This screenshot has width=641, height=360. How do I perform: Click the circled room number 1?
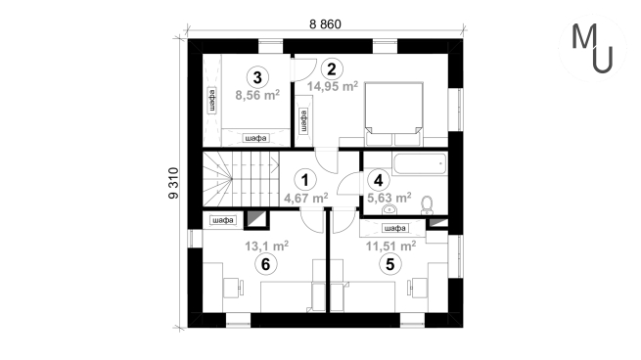(x=305, y=180)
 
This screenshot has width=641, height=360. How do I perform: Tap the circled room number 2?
(x=332, y=69)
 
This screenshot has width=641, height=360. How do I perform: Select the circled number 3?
(x=257, y=77)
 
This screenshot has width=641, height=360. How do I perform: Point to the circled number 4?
(x=378, y=180)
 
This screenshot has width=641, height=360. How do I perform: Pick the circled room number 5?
(x=390, y=264)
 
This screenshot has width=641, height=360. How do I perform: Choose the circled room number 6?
(x=266, y=264)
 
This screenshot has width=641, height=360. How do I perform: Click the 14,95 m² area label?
(x=333, y=86)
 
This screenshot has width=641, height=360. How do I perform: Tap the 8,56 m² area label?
(x=257, y=95)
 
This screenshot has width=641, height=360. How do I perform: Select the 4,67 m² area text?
(x=305, y=198)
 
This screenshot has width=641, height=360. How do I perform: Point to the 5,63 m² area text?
(x=389, y=198)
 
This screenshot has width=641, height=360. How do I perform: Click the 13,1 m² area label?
(x=266, y=246)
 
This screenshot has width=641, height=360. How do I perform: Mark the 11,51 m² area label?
(x=390, y=246)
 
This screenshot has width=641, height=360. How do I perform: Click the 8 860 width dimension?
(x=325, y=24)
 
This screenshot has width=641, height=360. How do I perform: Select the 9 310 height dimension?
(x=174, y=183)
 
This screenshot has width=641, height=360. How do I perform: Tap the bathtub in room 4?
(x=420, y=163)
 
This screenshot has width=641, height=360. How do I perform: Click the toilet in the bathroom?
(x=428, y=205)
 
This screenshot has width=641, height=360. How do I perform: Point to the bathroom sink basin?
(x=389, y=209)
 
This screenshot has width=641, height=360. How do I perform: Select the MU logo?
(x=593, y=48)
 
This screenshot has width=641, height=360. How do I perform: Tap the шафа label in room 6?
(x=223, y=221)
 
